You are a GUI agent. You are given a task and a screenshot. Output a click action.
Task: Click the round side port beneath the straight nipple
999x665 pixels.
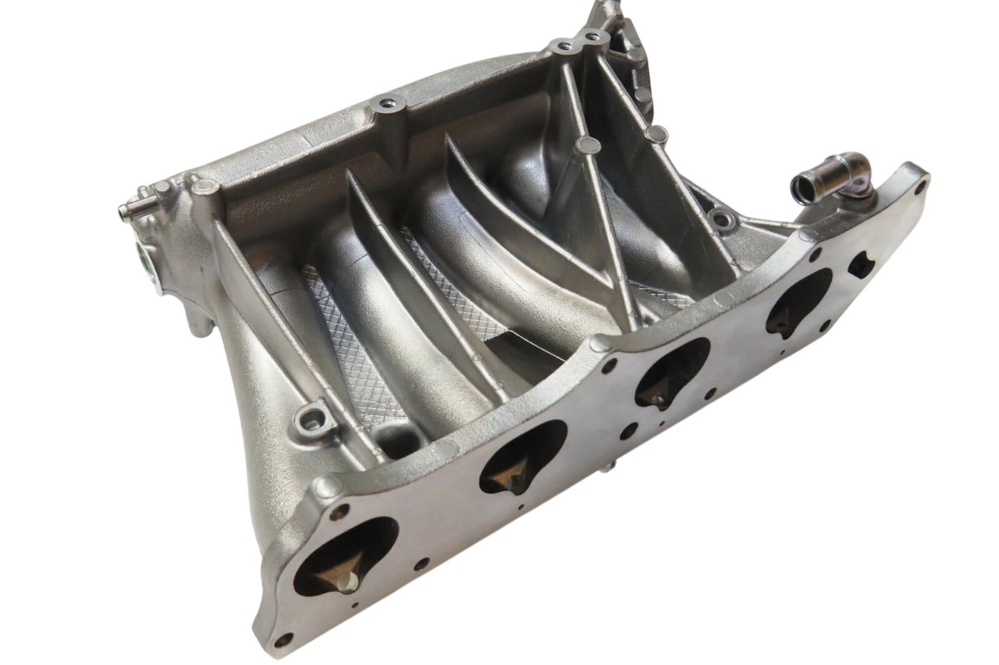tap(148, 258)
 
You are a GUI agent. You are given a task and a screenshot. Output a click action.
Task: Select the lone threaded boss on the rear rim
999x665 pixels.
tap(386, 104)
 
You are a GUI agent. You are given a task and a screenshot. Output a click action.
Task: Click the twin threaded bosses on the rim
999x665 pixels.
tap(578, 41)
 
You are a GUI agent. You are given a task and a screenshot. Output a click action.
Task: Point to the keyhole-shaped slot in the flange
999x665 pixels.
tap(860, 265)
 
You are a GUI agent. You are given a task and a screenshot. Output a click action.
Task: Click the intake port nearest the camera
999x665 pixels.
tap(344, 557)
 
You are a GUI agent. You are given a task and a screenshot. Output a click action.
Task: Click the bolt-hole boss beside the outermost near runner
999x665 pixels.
tap(310, 420)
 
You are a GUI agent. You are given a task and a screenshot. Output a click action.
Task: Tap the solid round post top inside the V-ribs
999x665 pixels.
tap(587, 145)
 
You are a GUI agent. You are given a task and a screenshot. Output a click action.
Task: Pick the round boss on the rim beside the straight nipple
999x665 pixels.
tap(205, 187)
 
